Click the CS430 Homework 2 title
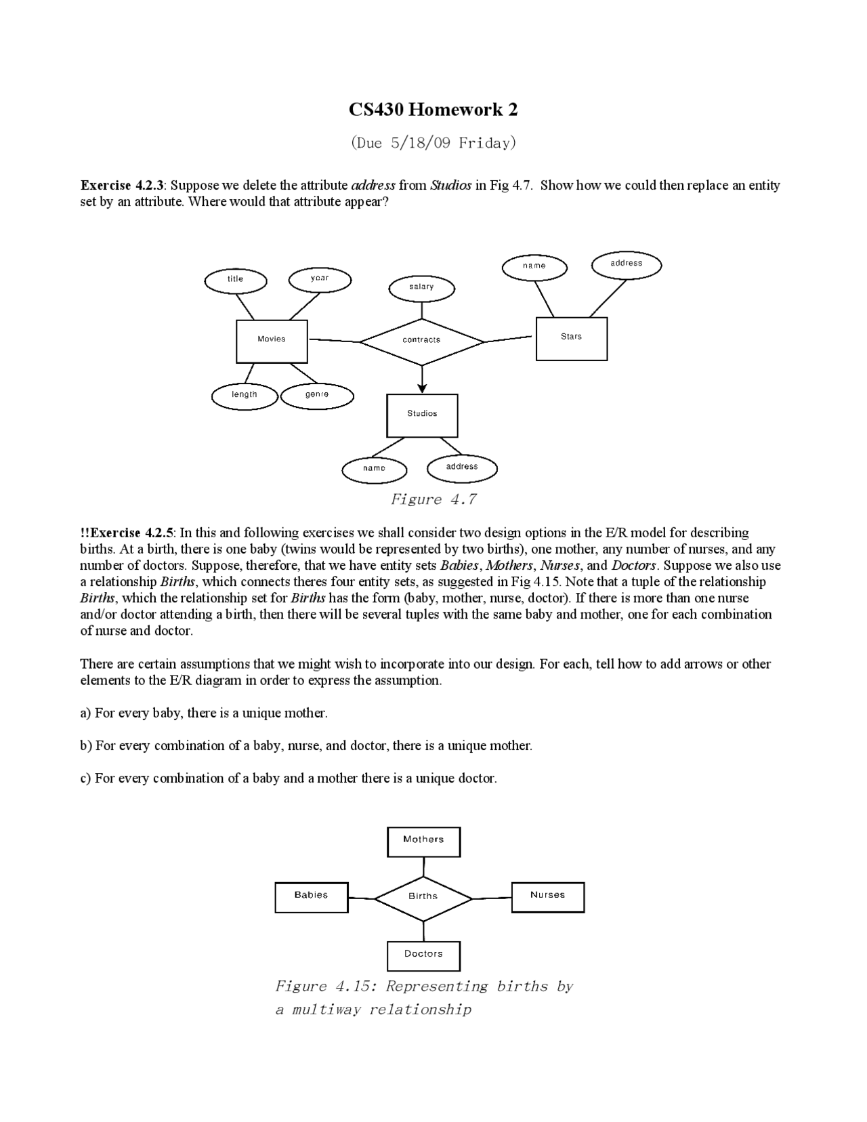(433, 110)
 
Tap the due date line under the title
(433, 143)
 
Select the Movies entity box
(272, 341)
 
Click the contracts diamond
(422, 341)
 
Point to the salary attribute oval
(421, 288)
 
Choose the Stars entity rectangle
(571, 338)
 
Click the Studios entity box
(422, 415)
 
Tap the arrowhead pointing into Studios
(422, 388)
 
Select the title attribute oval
(236, 280)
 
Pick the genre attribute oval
(317, 396)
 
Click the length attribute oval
(245, 396)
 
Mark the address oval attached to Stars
(626, 264)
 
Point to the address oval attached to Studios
(462, 467)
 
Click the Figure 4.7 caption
(433, 500)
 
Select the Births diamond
(423, 898)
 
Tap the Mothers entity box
(423, 841)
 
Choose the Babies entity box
(311, 896)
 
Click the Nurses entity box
(547, 896)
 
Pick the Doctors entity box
(423, 955)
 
